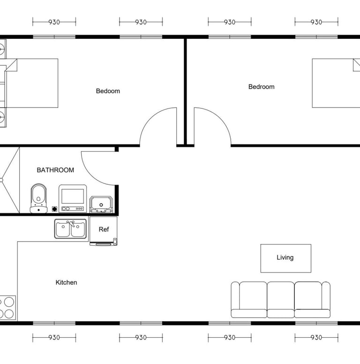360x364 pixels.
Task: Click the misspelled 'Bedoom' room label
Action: (108, 91)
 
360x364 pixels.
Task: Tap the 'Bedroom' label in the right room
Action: (262, 87)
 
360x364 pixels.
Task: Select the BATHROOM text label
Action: (55, 170)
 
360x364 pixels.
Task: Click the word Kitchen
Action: (67, 282)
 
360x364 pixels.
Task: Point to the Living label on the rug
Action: (285, 258)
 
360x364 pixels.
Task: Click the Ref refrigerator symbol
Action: (104, 231)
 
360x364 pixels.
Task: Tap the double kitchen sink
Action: (70, 229)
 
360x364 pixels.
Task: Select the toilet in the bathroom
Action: (38, 198)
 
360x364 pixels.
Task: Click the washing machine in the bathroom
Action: (73, 198)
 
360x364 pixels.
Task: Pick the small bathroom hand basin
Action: (101, 205)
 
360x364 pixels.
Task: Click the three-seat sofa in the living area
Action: (281, 300)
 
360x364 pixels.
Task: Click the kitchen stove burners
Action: (7, 308)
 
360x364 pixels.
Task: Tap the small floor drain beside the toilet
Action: (54, 209)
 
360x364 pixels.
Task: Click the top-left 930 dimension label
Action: (54, 22)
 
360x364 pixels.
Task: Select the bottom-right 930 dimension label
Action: (316, 337)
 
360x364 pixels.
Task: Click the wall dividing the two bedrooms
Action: (185, 92)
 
